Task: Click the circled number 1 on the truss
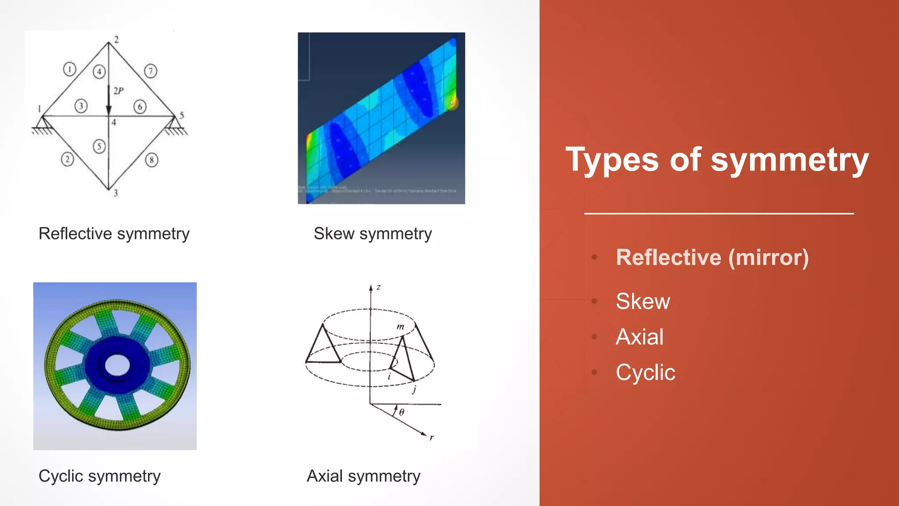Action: [69, 69]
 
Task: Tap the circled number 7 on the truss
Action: [151, 71]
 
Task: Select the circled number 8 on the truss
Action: [151, 160]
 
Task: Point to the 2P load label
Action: [119, 91]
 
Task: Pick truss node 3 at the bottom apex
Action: [109, 190]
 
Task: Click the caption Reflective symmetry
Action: [114, 234]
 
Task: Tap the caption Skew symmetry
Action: [373, 234]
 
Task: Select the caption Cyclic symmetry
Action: [100, 476]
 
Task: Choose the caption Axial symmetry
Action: [363, 476]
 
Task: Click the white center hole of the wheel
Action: [117, 365]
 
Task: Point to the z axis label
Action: [378, 287]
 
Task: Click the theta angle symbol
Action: [402, 412]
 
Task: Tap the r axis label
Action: [432, 437]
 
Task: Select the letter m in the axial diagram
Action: [400, 327]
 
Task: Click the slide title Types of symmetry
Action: [717, 159]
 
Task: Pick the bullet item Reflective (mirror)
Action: [712, 257]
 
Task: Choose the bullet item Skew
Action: [643, 301]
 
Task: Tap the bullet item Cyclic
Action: [645, 372]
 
